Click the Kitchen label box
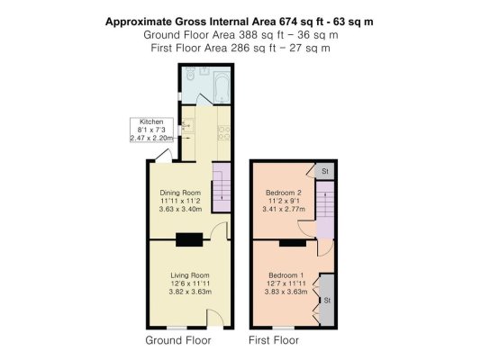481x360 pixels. (151, 130)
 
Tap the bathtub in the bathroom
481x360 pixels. (222, 87)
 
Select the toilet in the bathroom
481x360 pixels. (190, 74)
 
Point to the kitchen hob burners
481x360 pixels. (224, 133)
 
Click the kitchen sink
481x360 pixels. (187, 125)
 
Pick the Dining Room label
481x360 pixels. (180, 201)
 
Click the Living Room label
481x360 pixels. (190, 283)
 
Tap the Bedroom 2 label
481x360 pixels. (284, 201)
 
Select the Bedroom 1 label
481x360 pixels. (286, 283)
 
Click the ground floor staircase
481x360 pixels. (222, 187)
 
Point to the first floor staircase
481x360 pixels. (325, 211)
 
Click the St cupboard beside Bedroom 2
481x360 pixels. (325, 171)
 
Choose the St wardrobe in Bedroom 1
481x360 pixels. (327, 301)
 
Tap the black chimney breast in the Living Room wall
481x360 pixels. (189, 239)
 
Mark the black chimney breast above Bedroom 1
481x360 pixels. (293, 243)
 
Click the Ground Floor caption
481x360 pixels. (178, 340)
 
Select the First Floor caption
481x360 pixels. (274, 340)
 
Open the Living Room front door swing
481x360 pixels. (215, 318)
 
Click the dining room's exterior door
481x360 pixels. (164, 156)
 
